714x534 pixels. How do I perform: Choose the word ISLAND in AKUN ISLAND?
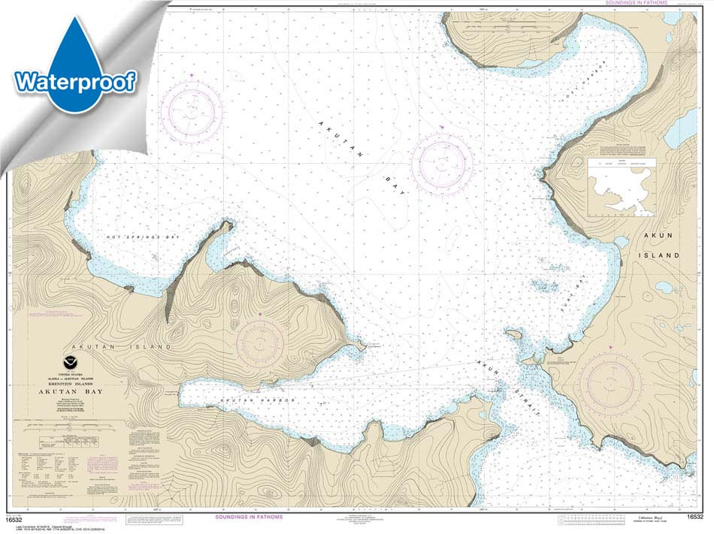[x=661, y=255]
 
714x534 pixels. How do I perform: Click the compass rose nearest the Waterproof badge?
[x=192, y=111]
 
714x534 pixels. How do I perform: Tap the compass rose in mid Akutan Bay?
[x=443, y=161]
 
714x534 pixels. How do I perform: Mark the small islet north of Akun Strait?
[x=513, y=334]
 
